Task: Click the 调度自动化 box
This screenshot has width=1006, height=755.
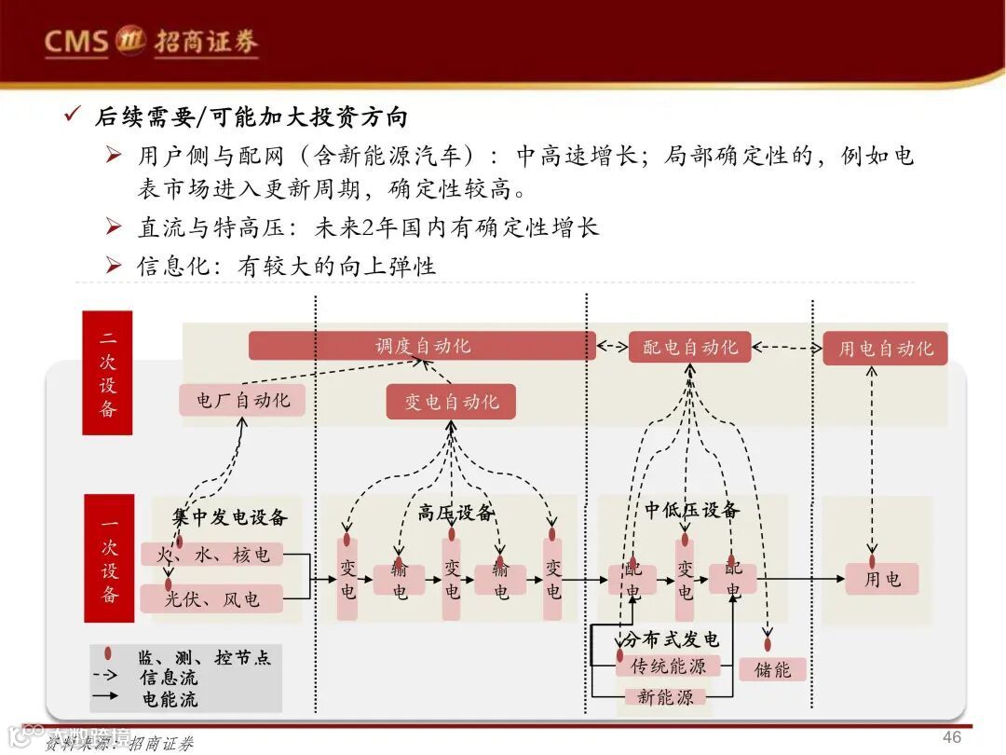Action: coord(422,346)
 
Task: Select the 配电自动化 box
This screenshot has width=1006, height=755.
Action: coord(689,347)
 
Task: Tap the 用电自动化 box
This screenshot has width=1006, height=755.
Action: coord(885,349)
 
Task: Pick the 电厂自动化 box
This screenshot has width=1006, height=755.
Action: coord(242,400)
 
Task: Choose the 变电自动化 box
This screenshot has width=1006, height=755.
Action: coord(451,402)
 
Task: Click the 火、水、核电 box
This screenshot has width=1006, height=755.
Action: coord(212,555)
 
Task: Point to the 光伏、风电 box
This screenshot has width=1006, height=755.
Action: coord(211,598)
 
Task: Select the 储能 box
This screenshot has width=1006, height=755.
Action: coord(772,669)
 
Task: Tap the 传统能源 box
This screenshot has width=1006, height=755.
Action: coord(668,666)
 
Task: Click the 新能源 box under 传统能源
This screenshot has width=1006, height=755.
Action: coord(665,697)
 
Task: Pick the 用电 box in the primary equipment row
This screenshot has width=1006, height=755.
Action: coord(881,579)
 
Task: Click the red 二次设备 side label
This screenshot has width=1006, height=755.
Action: coord(107,373)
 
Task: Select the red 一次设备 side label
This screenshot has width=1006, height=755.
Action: coord(109,558)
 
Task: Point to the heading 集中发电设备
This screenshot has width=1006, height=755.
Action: coord(230,517)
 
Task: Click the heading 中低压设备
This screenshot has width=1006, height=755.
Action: coord(691,511)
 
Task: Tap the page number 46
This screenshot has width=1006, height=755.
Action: coord(951,737)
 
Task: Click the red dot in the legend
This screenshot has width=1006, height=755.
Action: coord(110,655)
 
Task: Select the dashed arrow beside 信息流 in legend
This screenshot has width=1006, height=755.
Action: coord(110,677)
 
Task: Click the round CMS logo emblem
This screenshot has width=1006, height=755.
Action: coord(129,40)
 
